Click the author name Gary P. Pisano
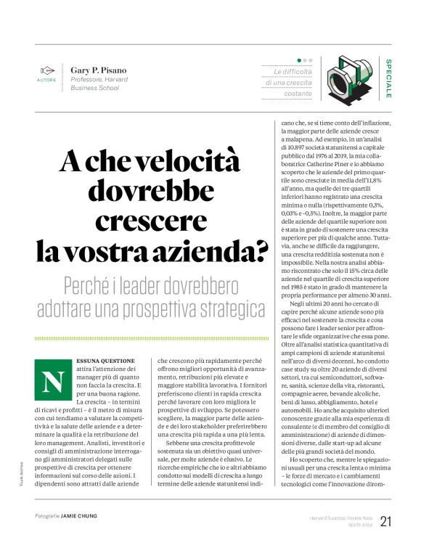(98, 70)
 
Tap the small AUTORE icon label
(46, 81)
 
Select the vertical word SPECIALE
(389, 78)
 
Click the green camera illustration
(346, 78)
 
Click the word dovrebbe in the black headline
(154, 190)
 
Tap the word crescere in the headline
(154, 221)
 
